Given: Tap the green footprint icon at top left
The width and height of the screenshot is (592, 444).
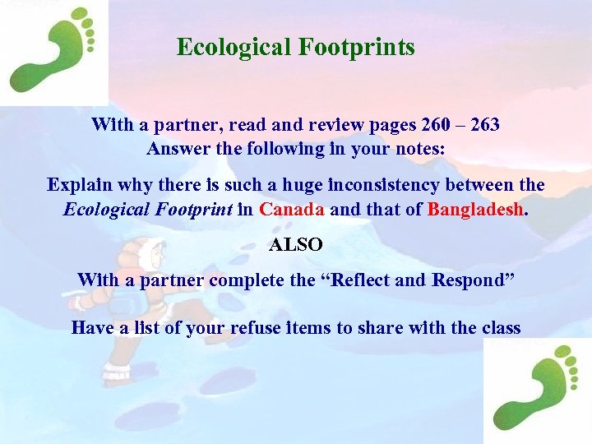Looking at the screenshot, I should click(x=53, y=51).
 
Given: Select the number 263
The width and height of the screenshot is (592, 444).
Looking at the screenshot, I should click(x=483, y=126).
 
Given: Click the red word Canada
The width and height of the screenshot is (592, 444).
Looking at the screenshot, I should click(x=293, y=209).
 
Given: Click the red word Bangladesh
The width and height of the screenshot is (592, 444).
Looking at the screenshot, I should click(x=476, y=209).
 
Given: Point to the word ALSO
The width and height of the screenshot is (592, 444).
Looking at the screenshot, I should click(x=296, y=245).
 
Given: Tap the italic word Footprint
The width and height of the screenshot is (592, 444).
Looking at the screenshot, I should click(x=192, y=209).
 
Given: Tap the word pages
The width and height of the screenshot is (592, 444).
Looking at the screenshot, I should click(x=388, y=126).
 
